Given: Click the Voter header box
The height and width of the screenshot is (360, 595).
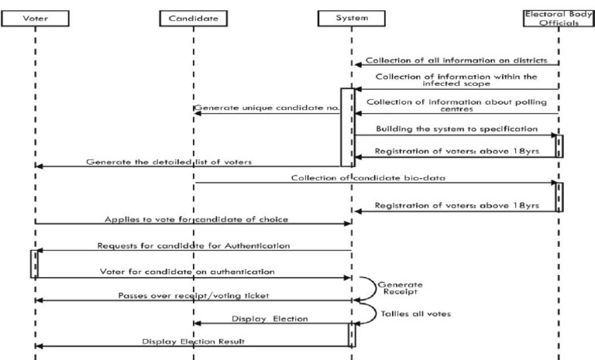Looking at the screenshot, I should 35,16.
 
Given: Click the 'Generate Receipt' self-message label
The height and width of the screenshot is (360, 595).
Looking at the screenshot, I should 399,289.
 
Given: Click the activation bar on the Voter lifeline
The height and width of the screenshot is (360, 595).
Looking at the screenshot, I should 33,263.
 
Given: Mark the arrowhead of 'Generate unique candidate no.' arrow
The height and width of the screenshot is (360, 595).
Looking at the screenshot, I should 197,113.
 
